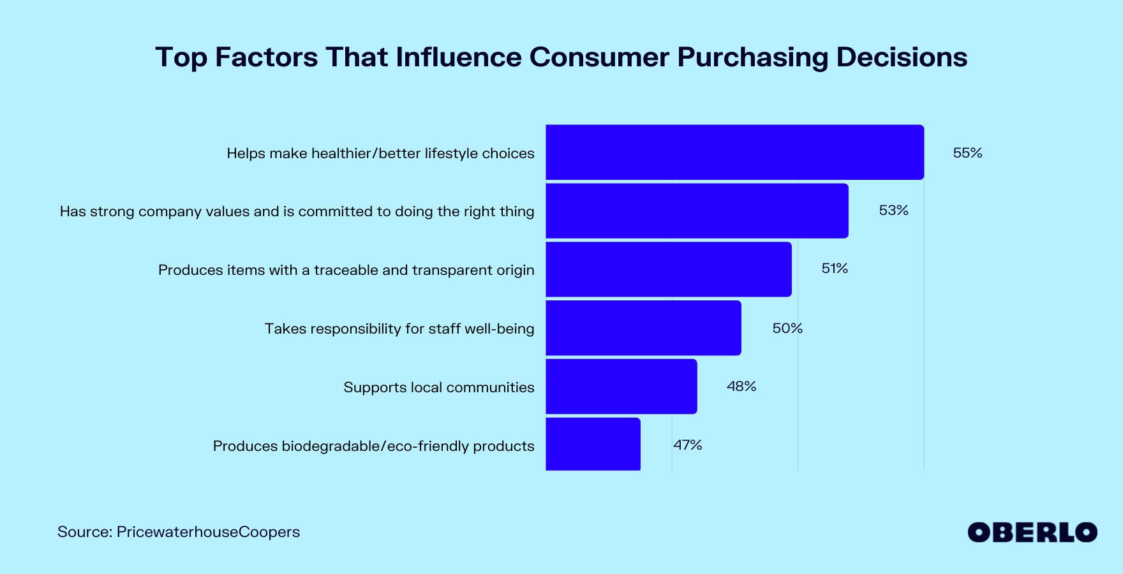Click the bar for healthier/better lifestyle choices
(x=734, y=152)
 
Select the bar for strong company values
(x=697, y=211)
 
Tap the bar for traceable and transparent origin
(x=668, y=269)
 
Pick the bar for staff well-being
(x=643, y=328)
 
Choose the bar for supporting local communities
(x=621, y=386)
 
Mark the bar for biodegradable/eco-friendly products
(x=593, y=445)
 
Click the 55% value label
(x=967, y=153)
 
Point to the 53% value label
(x=893, y=210)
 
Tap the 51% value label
(x=835, y=269)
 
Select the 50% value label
(x=787, y=328)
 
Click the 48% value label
(x=741, y=386)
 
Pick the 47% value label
(x=688, y=445)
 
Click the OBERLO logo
(x=1032, y=533)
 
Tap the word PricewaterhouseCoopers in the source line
(x=208, y=532)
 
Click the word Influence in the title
(x=458, y=57)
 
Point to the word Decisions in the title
(x=902, y=57)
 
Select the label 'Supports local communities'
(x=439, y=387)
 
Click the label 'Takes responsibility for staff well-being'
(x=399, y=328)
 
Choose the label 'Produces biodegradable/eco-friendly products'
(x=373, y=446)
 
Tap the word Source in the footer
(x=84, y=532)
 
